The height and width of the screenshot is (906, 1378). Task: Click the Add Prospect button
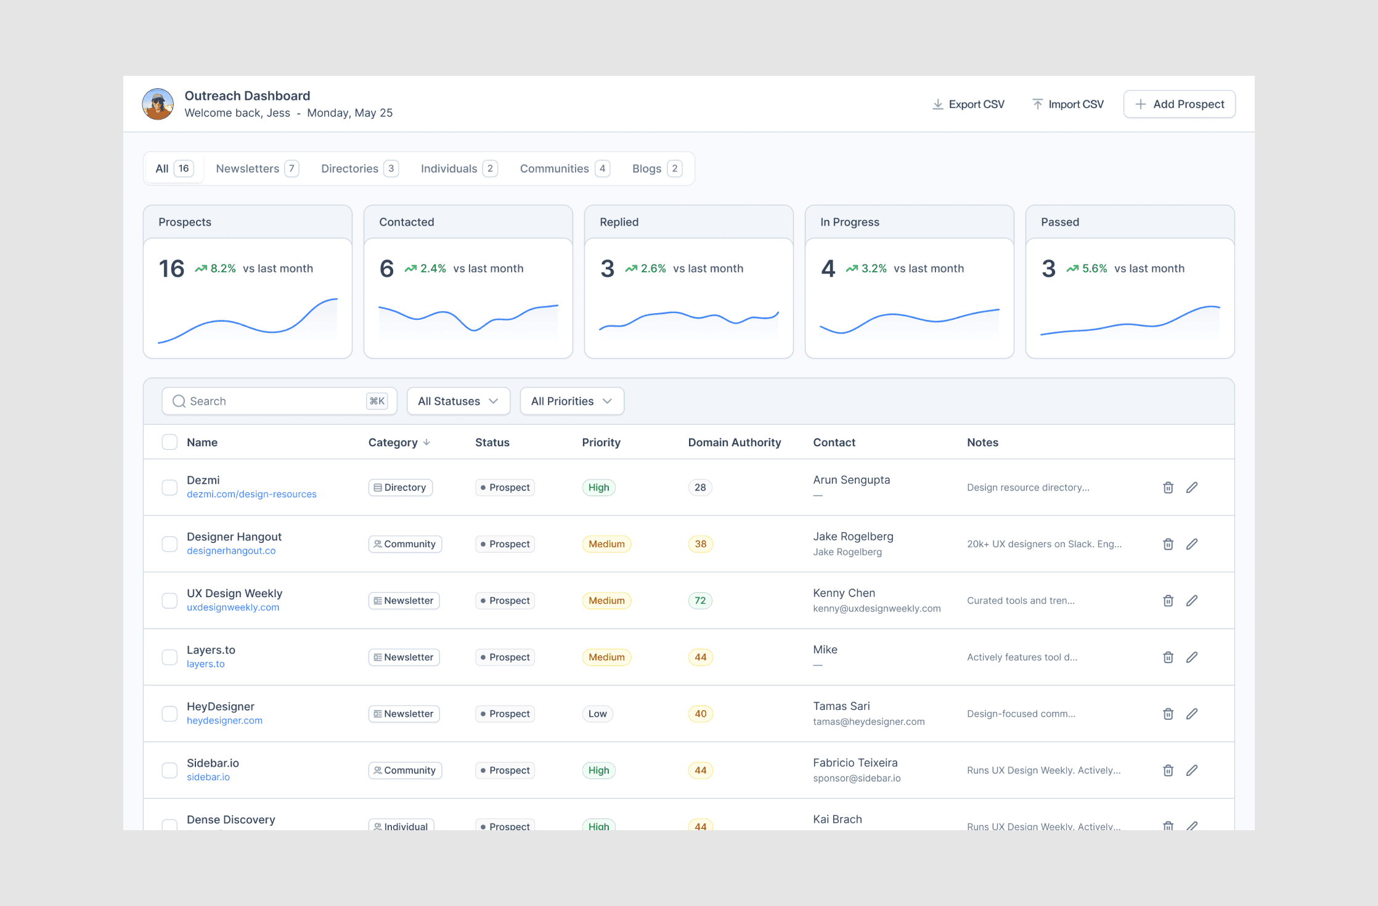click(x=1179, y=104)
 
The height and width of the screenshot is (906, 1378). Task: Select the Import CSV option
click(x=1068, y=104)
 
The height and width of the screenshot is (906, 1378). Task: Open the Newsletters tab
click(x=257, y=168)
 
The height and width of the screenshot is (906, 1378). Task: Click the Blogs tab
click(x=656, y=168)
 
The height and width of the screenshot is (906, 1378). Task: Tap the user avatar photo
click(x=158, y=104)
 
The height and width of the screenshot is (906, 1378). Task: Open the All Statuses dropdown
click(x=459, y=401)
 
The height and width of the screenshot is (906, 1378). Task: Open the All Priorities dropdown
click(x=572, y=401)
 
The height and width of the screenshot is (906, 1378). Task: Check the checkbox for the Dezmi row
click(x=169, y=488)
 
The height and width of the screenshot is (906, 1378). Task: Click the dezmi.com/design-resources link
click(x=251, y=494)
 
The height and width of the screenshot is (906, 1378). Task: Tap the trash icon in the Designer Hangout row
click(x=1168, y=544)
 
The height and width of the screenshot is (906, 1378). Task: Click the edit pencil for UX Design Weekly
click(x=1192, y=601)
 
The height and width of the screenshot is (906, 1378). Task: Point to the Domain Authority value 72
click(x=700, y=601)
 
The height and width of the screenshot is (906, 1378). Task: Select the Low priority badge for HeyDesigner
click(x=597, y=714)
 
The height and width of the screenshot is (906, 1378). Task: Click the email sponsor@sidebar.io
click(x=857, y=778)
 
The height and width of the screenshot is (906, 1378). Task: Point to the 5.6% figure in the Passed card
click(x=1095, y=269)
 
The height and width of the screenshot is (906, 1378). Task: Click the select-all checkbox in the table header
click(x=169, y=443)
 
